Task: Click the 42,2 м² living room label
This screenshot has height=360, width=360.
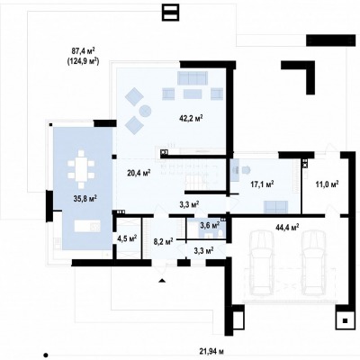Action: tap(191, 118)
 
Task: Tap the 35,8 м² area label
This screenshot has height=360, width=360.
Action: tap(85, 198)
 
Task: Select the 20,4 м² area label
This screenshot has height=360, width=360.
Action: tap(139, 173)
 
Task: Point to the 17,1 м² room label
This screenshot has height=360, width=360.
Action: tap(262, 184)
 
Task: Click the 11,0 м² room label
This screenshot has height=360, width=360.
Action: tap(327, 184)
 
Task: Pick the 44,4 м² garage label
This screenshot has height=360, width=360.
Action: tap(287, 227)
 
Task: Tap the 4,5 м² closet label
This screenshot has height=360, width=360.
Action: tap(127, 238)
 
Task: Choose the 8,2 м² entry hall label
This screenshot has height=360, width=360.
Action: tap(163, 241)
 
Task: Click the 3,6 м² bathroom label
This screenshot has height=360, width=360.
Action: tap(210, 225)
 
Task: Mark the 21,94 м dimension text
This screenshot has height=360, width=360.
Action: tap(212, 351)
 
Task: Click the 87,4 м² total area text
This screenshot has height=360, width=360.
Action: tap(82, 50)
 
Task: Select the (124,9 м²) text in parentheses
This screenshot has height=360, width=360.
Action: tap(82, 61)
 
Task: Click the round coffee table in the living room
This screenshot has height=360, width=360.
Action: tap(145, 111)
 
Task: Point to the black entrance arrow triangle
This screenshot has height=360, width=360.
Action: tap(162, 281)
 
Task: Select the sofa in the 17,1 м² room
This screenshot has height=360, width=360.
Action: tap(275, 207)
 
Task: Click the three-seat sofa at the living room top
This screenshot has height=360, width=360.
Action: tap(193, 77)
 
